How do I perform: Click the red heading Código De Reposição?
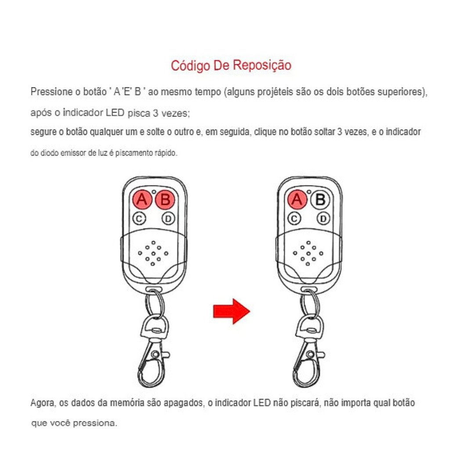[x=231, y=66]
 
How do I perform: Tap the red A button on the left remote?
[x=142, y=200]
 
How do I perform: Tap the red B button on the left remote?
[x=165, y=200]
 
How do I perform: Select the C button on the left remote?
[x=139, y=219]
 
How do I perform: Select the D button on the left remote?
[x=168, y=219]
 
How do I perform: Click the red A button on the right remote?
[x=297, y=200]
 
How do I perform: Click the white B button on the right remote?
[x=320, y=200]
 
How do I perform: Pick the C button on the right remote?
[x=294, y=219]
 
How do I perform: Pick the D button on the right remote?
[x=323, y=219]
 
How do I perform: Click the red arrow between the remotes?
[x=231, y=312]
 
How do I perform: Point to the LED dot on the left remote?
[x=154, y=192]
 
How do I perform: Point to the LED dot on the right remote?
[x=309, y=192]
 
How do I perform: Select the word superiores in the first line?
[x=402, y=92]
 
